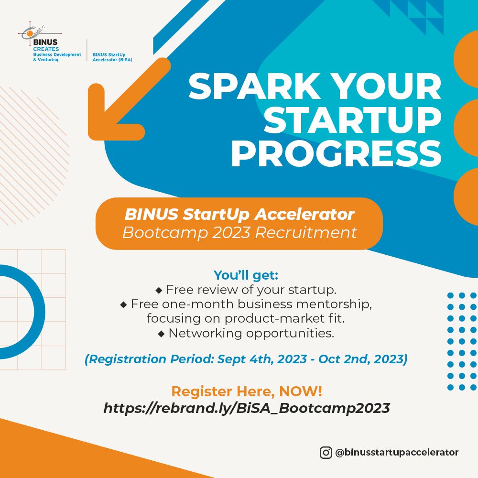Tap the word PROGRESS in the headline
336,154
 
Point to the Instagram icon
326,452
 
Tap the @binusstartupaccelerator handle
397,452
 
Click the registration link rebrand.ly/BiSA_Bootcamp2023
247,408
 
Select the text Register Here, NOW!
247,391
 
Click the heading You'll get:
246,275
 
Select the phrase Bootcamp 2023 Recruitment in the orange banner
239,233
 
